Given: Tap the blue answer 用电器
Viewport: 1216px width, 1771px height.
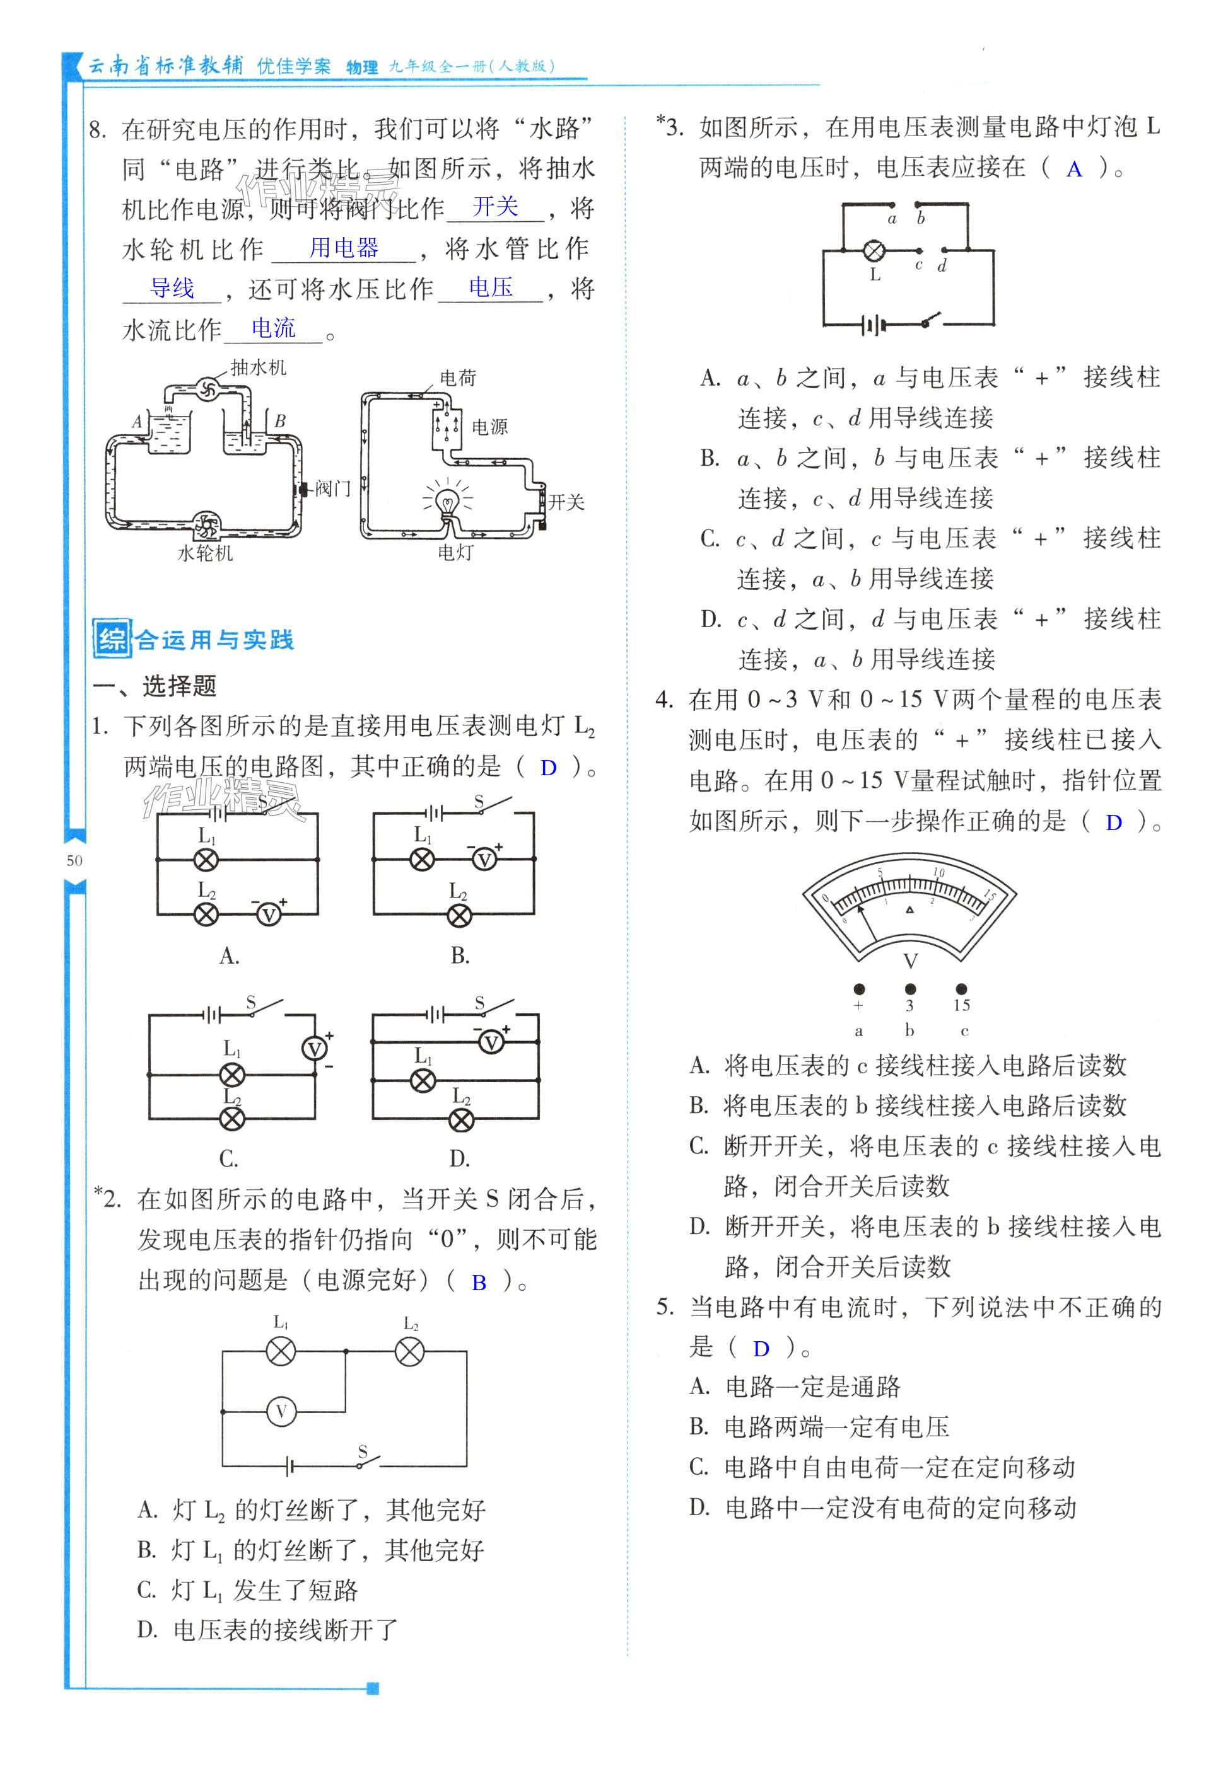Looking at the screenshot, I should coord(344,248).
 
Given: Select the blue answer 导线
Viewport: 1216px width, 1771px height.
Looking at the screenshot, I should coord(172,288).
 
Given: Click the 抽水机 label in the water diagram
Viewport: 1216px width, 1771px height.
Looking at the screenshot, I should coord(259,368).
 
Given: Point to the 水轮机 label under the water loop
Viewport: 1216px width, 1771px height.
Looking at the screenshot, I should coord(204,553).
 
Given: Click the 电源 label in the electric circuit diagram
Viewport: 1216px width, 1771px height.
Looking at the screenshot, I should coord(489,427).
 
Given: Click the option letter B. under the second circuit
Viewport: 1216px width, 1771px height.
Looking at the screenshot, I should coord(460,955).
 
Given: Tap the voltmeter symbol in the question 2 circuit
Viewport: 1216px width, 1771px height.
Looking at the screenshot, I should coord(281,1412).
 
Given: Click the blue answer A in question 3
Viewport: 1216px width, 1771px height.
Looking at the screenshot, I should coord(1074,169).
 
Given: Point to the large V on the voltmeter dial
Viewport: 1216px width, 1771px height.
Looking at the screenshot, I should coord(910,961).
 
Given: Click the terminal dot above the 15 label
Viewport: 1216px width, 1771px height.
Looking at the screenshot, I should coord(961,989).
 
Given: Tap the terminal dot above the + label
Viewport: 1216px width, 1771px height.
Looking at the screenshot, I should coord(859,989).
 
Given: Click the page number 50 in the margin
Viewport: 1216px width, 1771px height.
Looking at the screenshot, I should coord(74,860).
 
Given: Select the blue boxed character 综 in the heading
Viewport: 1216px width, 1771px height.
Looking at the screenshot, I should coord(111,638).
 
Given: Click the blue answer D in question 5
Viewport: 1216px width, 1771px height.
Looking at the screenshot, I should coord(761,1349).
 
